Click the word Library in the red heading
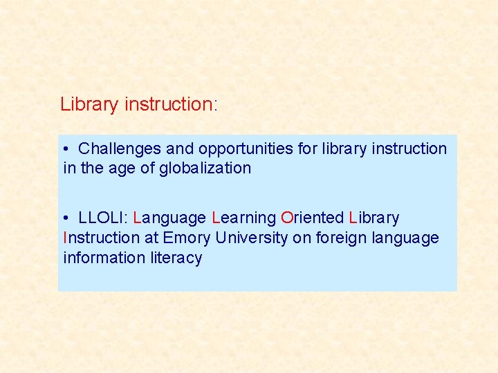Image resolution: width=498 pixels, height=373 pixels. tap(89, 105)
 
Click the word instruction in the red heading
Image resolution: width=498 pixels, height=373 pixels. tap(167, 105)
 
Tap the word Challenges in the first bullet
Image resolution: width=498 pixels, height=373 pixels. tap(119, 149)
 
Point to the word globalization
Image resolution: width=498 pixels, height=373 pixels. tap(205, 169)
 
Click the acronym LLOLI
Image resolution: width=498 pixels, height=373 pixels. tap(101, 218)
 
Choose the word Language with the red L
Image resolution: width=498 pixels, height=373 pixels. tap(169, 218)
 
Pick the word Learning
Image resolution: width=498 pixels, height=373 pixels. tap(244, 218)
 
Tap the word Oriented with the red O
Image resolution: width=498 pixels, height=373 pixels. tap(312, 218)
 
